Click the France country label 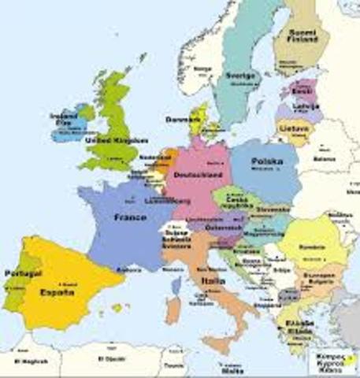point(130,217)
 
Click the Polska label point(266,161)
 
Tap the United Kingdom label point(116,139)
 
